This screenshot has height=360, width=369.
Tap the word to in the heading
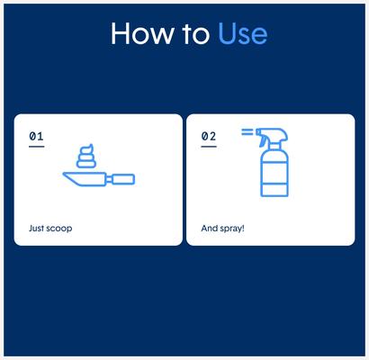pos(194,33)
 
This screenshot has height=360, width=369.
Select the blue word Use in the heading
pos(242,33)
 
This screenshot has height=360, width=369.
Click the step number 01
pos(36,136)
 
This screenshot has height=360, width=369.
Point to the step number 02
pos(208,136)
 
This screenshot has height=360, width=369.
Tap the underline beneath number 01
pos(36,146)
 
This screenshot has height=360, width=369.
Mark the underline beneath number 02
pos(208,146)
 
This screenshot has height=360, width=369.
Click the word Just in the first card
pos(37,229)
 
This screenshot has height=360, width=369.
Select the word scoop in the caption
pos(59,229)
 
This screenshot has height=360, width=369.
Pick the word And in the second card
pos(209,229)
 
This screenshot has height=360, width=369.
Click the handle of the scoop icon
pos(123,180)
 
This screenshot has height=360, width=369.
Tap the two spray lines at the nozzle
pos(247,132)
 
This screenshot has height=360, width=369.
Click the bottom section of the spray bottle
pos(274,189)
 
